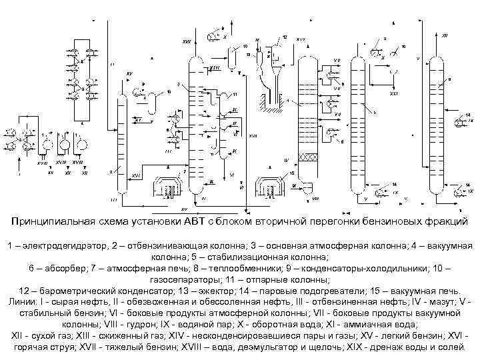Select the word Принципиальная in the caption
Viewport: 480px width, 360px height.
55,221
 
